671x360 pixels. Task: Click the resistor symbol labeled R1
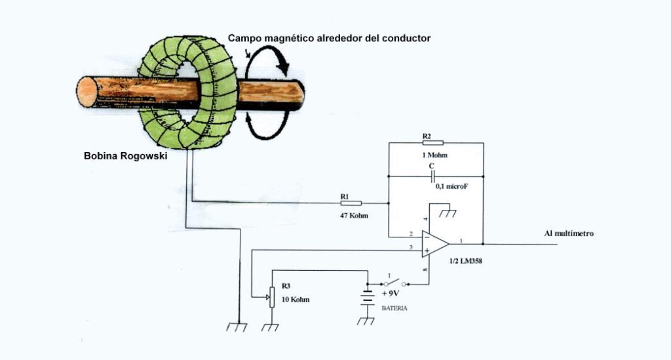[x=352, y=203]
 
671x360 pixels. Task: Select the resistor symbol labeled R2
[x=433, y=142]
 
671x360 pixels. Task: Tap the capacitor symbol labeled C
[x=433, y=176]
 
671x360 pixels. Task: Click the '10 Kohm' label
[x=296, y=300]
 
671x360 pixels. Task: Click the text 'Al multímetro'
[x=569, y=233]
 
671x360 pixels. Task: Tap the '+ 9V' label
[x=390, y=294]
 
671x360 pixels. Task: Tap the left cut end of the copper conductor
[x=86, y=92]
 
